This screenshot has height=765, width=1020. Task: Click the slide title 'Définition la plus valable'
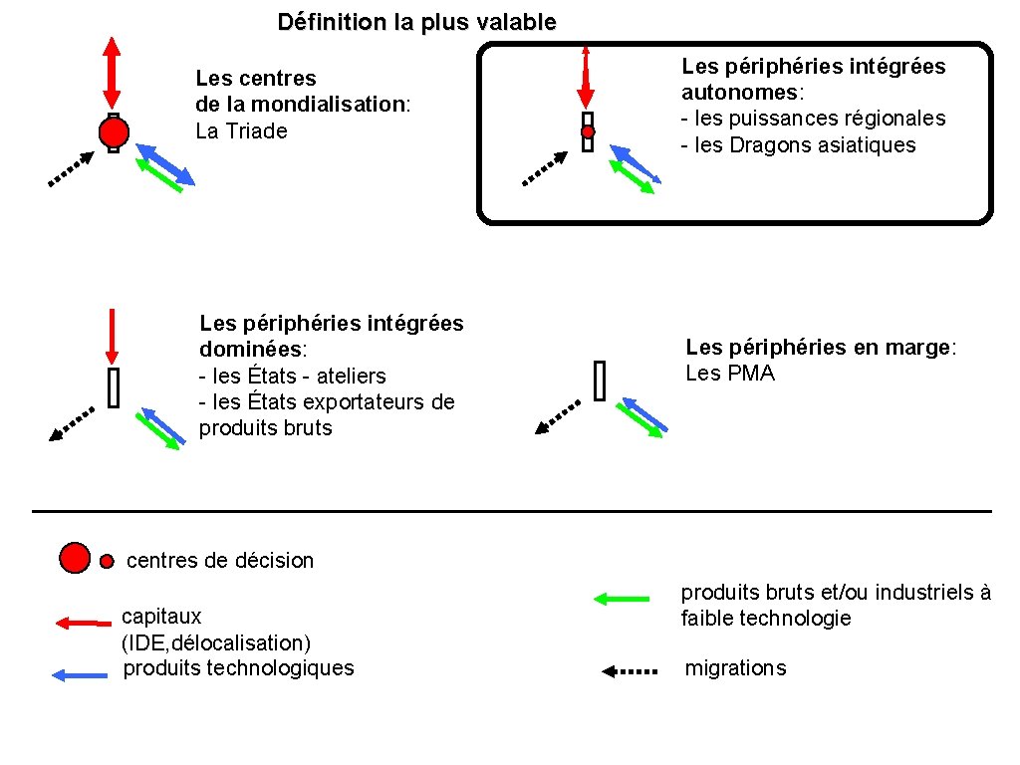click(416, 22)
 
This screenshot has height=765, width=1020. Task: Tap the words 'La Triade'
click(241, 130)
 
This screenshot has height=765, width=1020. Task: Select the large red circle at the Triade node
click(113, 132)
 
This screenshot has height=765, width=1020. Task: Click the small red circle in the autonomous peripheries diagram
click(588, 131)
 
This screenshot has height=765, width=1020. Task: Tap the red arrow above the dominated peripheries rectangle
click(113, 336)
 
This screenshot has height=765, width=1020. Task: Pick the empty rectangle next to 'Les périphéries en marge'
click(600, 381)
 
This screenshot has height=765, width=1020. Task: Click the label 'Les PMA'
click(729, 374)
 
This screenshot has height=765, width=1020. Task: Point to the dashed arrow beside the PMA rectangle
click(557, 417)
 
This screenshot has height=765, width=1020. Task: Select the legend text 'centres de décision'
click(219, 561)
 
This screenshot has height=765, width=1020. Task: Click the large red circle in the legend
click(75, 557)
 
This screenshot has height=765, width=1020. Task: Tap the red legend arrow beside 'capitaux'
click(83, 624)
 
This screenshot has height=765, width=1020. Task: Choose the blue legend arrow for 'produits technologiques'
click(79, 675)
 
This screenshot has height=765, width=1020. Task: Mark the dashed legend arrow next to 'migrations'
click(630, 671)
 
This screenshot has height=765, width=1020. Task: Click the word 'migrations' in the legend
click(735, 668)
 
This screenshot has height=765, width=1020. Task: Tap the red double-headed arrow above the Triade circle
click(112, 73)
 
